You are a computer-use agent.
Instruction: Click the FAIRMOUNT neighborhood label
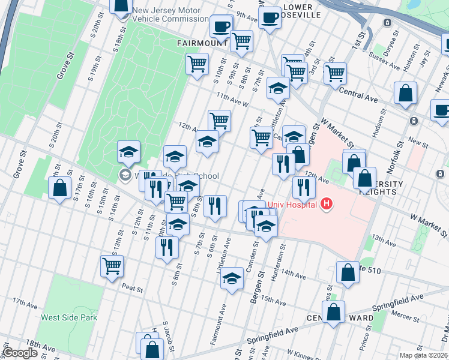[x=202, y=43]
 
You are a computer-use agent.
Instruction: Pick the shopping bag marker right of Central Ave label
[x=406, y=94]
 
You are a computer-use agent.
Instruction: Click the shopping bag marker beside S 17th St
[x=60, y=188]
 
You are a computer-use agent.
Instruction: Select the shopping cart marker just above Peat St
[x=112, y=266]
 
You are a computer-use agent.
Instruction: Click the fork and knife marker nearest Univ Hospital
[x=304, y=188]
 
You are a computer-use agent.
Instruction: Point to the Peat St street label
[x=132, y=289]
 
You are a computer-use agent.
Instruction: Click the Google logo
[x=20, y=353]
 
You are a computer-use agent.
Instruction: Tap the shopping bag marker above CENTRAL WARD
[x=333, y=313]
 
